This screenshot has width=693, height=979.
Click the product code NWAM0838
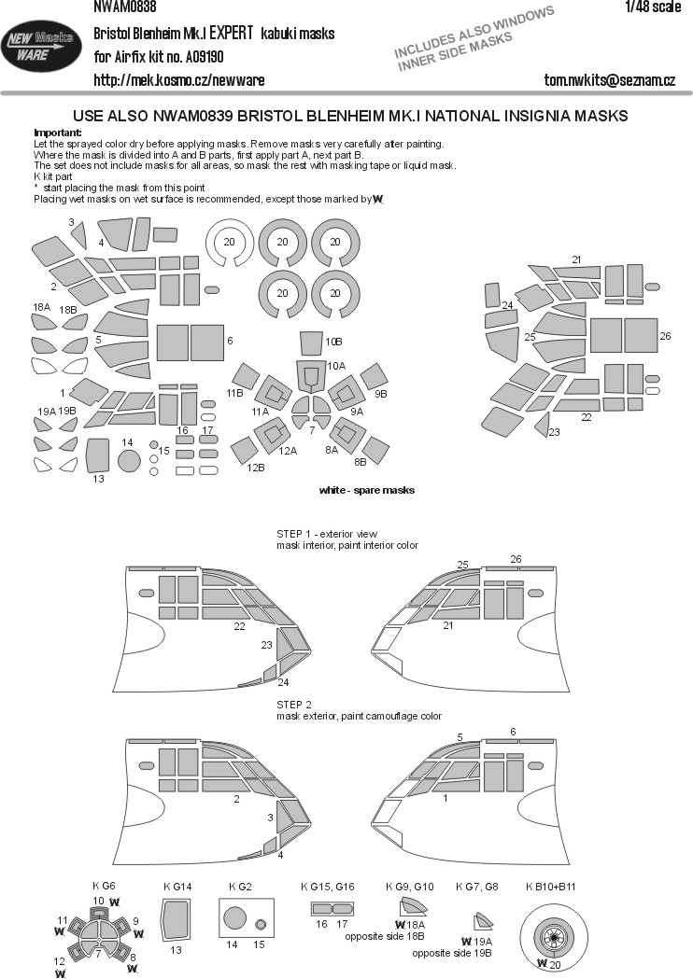point(125,7)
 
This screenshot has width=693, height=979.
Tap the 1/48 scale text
point(653,7)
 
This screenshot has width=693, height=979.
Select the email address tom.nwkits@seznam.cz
point(609,80)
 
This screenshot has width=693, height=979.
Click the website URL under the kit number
point(178,80)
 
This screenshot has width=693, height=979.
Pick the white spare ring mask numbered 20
point(230,243)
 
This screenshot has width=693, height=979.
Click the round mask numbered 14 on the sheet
point(128,460)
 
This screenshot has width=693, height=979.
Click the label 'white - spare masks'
point(367,490)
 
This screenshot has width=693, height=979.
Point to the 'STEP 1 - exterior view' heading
point(327,534)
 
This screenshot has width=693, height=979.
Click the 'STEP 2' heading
point(293,705)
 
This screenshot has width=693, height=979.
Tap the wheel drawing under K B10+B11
point(552,932)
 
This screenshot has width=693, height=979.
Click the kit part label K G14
point(177,887)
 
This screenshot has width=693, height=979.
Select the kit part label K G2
point(241,887)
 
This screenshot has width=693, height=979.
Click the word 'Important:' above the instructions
point(58,133)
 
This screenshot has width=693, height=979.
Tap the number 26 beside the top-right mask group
point(665,336)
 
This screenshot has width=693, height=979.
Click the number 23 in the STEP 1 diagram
point(267,645)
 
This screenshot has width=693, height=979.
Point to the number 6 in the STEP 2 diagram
point(513,732)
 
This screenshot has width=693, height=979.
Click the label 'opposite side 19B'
point(452,954)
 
